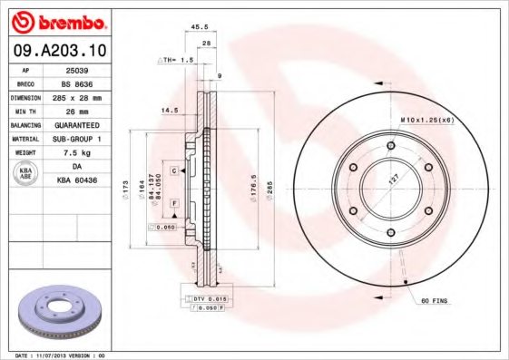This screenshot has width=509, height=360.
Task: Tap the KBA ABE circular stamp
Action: [26, 173]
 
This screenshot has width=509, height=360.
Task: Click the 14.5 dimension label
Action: [169, 111]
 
